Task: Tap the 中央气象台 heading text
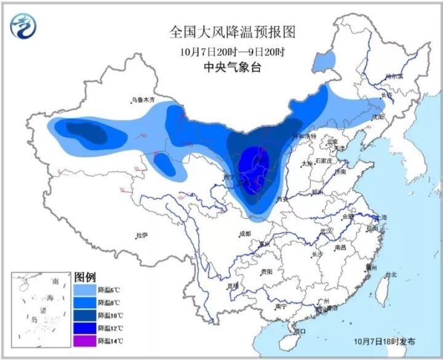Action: click(224, 68)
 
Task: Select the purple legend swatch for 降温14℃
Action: click(84, 341)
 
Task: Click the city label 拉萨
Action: click(143, 235)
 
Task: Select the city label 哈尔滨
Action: click(393, 77)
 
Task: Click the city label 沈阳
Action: click(375, 116)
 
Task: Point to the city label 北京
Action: click(332, 141)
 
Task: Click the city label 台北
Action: click(390, 274)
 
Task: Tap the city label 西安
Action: click(283, 199)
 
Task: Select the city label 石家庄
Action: click(323, 161)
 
